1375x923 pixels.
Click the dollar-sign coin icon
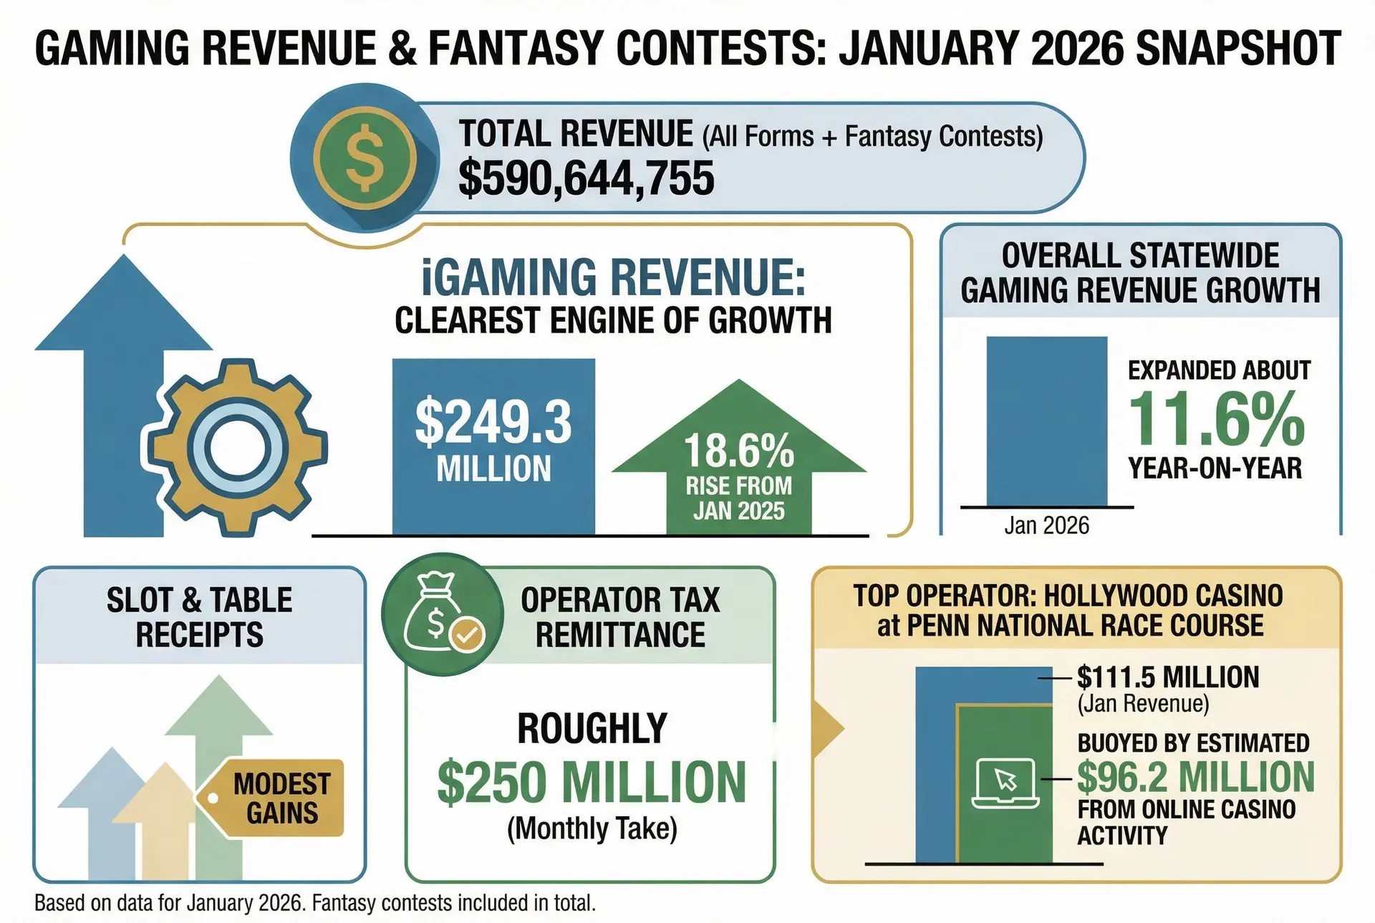(365, 157)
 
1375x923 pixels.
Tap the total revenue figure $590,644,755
(586, 178)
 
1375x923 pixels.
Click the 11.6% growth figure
(1217, 421)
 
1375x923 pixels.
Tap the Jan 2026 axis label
(1046, 525)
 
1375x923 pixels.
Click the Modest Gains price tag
(279, 798)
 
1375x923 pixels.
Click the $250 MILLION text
(592, 782)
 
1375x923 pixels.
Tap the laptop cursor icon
(1005, 782)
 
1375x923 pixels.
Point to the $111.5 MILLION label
(1168, 677)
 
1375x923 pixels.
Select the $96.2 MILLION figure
(1196, 777)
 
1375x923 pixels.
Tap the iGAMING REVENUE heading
(613, 277)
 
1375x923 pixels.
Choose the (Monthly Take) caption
(592, 828)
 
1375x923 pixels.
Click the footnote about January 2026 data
(315, 903)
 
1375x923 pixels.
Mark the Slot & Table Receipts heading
(199, 617)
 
